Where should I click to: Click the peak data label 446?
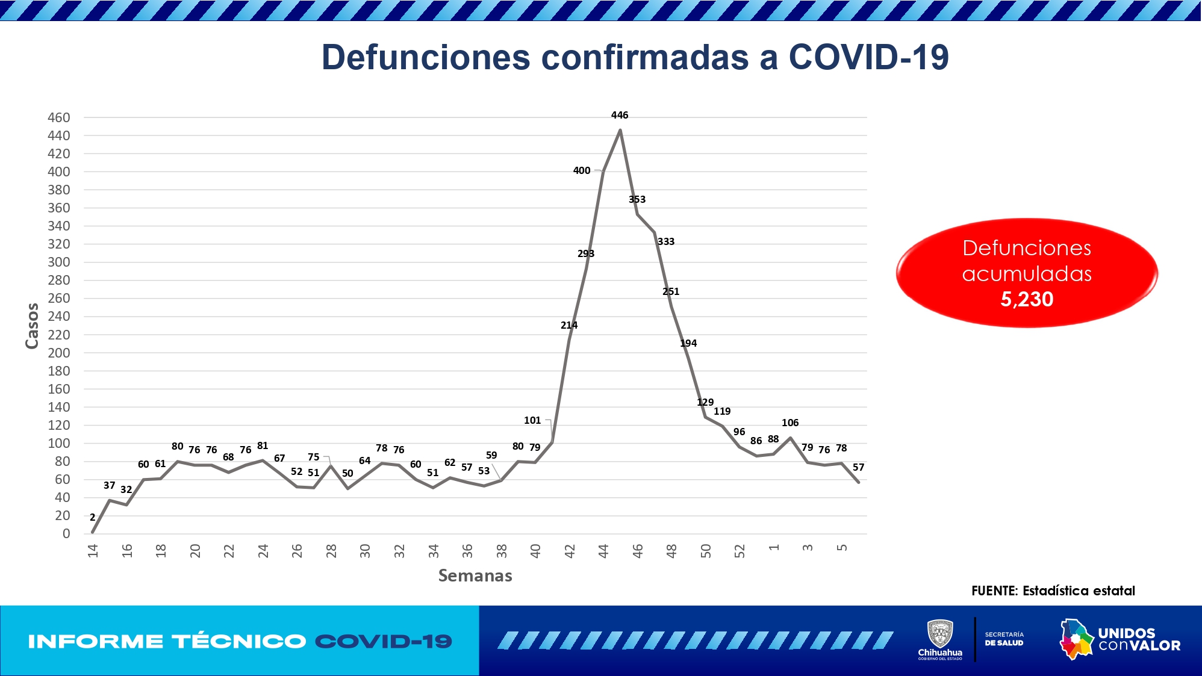point(619,115)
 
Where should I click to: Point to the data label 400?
point(581,170)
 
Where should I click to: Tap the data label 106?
point(789,423)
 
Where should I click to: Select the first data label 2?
point(92,517)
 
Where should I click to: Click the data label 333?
point(665,241)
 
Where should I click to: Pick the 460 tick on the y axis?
point(59,117)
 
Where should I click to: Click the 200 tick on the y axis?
point(59,353)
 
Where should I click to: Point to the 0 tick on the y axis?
point(66,533)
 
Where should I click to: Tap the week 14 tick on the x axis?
point(93,550)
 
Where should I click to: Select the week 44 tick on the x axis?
point(603,550)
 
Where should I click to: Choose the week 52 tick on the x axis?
point(740,550)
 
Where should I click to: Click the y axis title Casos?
point(32,326)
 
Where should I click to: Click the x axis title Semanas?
point(475,575)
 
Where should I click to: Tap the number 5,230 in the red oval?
point(1027,299)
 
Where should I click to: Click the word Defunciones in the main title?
point(426,57)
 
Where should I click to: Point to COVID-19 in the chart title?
point(868,57)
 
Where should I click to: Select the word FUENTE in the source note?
point(994,591)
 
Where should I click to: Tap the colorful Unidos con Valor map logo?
point(1076,639)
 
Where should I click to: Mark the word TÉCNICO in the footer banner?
point(239,641)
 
